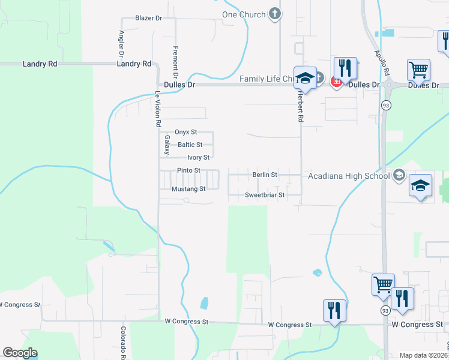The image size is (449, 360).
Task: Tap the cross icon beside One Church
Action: click(275, 14)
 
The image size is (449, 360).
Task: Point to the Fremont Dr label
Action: click(175, 62)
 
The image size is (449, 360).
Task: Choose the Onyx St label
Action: click(185, 132)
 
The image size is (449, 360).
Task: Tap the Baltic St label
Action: click(190, 145)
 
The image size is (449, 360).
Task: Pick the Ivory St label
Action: click(198, 157)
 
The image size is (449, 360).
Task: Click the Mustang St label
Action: click(188, 189)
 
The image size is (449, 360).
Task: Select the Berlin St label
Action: click(265, 175)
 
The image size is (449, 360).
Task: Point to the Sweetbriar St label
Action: click(265, 196)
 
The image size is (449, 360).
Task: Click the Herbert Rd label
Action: click(300, 106)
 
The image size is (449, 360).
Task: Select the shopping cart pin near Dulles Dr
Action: click(418, 70)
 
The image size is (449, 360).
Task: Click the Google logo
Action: click(20, 353)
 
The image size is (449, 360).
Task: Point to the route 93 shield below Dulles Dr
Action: click(383, 105)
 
